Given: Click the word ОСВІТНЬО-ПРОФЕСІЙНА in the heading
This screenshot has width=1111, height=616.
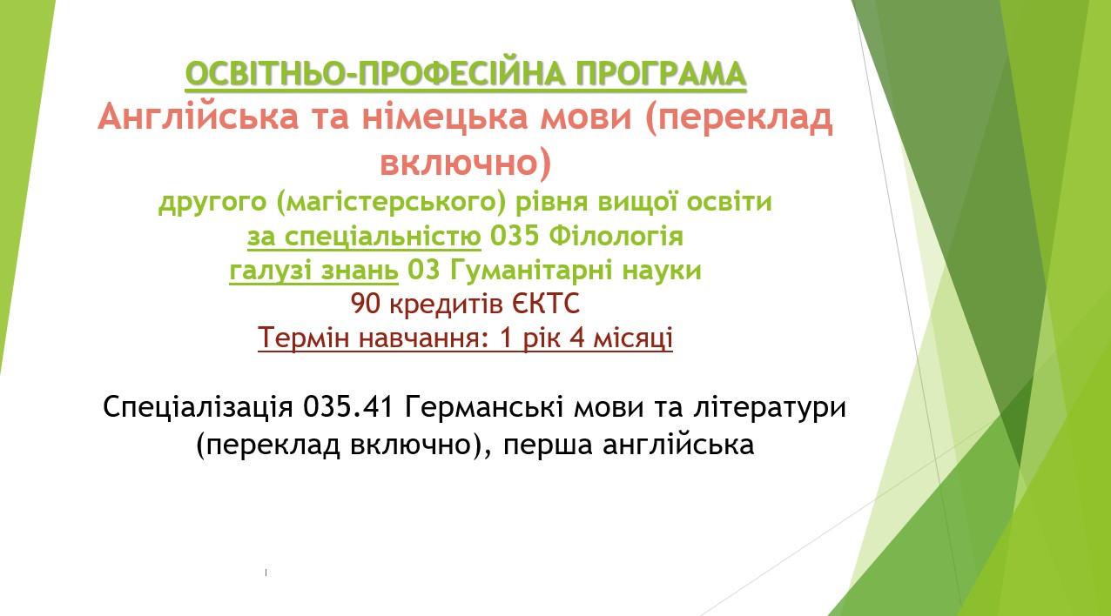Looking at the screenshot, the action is (374, 74).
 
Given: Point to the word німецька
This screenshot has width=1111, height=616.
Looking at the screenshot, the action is (445, 118).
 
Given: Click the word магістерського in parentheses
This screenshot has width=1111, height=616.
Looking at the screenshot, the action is (391, 202).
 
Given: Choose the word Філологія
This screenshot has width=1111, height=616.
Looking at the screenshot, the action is (616, 236).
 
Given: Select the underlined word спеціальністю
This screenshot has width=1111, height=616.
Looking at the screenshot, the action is (382, 238).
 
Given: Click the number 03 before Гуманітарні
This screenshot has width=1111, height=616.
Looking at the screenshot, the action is (423, 271).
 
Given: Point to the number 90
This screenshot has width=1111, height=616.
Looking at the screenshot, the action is (366, 304).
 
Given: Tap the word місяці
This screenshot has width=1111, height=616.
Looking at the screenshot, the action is (633, 338).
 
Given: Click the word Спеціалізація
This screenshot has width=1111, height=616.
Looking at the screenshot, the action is (198, 408).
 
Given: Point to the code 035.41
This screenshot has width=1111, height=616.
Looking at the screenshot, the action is (348, 408).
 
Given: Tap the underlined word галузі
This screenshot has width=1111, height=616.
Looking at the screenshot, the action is (270, 271).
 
